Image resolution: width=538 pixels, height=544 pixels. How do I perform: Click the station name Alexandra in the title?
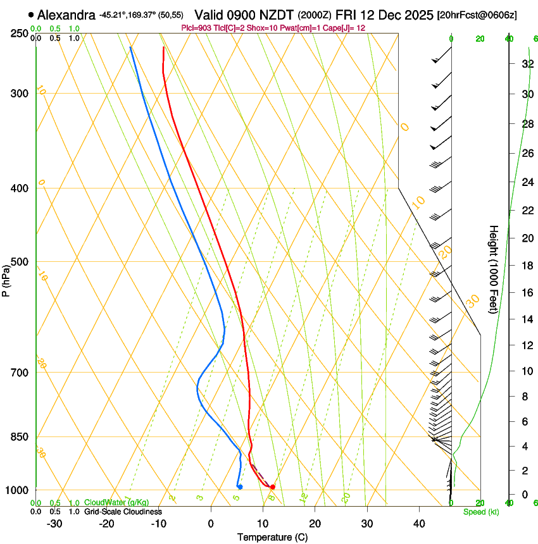(x=63, y=15)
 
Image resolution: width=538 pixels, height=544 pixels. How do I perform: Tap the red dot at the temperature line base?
(x=272, y=486)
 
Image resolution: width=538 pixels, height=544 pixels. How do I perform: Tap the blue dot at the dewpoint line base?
(x=240, y=486)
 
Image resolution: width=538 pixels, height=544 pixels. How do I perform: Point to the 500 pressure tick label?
(x=19, y=262)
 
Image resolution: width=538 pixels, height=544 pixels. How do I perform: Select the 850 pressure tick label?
(x=19, y=437)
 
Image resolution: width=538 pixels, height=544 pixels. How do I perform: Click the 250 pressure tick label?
(x=19, y=34)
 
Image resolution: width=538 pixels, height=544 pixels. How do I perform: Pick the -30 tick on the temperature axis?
(x=54, y=524)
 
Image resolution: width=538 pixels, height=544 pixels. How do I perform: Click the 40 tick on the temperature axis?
(x=418, y=524)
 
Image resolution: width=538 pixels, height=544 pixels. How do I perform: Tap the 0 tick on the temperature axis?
(x=211, y=524)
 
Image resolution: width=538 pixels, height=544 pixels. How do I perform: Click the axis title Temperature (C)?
(x=272, y=537)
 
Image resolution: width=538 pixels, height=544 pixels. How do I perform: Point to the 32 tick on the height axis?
(x=527, y=64)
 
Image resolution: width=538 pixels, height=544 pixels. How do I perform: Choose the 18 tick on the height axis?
(x=527, y=265)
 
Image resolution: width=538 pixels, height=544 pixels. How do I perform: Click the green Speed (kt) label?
(x=481, y=512)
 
